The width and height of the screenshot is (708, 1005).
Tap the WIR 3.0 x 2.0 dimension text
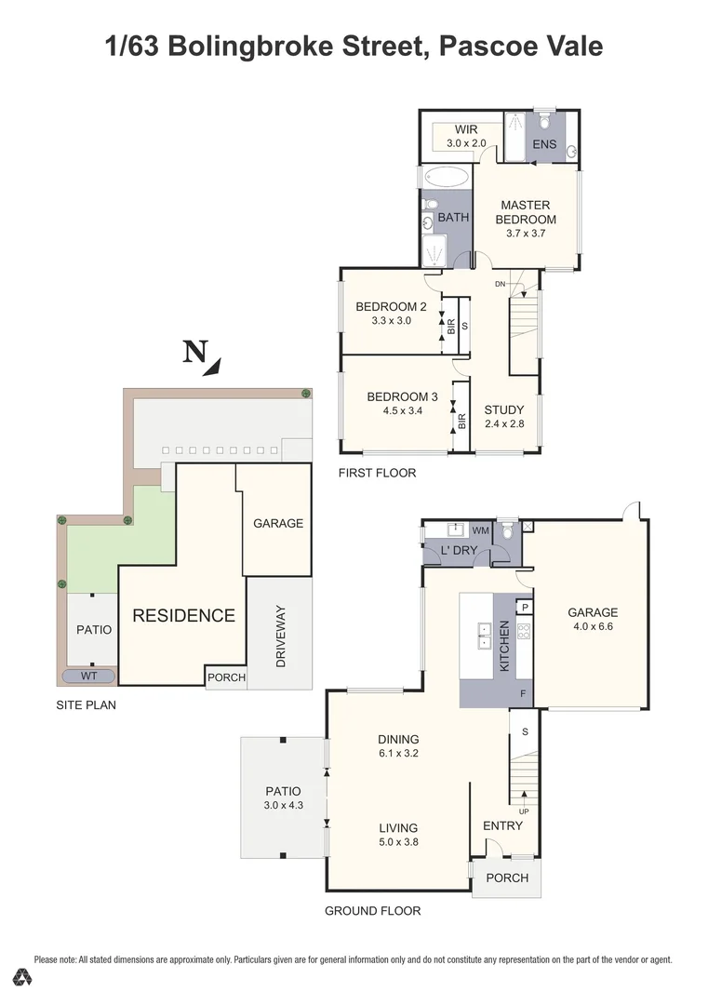(466, 143)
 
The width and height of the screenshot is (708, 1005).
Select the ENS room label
(544, 145)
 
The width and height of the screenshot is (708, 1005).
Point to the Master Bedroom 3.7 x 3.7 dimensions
(526, 234)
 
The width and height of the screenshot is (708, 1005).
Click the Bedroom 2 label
(391, 307)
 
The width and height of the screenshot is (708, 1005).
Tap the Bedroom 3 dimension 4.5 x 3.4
(402, 409)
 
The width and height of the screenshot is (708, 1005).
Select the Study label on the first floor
(504, 409)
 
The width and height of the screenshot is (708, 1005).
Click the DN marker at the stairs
(500, 284)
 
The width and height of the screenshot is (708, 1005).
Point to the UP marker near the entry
(524, 811)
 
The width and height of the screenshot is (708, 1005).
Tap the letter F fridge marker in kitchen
(523, 694)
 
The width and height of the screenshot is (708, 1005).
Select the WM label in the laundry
(481, 529)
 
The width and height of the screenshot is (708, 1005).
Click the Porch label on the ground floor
(507, 878)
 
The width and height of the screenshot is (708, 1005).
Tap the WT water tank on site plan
(89, 677)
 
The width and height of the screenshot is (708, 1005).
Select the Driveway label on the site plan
(280, 636)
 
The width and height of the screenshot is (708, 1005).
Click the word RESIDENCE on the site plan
(183, 615)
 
